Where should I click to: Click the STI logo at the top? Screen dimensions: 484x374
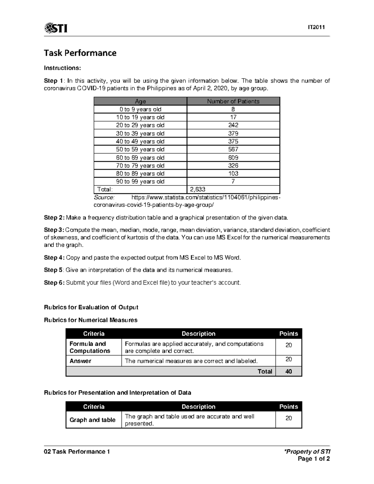[x=56, y=28]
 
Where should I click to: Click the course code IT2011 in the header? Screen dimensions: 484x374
[x=316, y=27]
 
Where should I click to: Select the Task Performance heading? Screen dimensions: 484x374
[x=80, y=53]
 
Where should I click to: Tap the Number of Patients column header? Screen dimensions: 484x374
[x=233, y=101]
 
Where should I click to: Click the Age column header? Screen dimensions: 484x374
[x=140, y=101]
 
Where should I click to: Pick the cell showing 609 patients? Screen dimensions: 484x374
[x=233, y=158]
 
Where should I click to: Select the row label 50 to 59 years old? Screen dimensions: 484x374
[x=140, y=150]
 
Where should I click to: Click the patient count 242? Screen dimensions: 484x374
[x=233, y=125]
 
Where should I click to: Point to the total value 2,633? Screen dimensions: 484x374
[x=198, y=189]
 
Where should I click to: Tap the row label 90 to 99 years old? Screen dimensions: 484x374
[x=140, y=181]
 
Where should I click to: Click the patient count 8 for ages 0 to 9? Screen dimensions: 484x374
[x=233, y=109]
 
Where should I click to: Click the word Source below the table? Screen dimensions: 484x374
[x=104, y=197]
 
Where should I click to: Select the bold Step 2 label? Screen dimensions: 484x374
[x=54, y=218]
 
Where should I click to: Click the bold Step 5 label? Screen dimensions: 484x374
[x=54, y=270]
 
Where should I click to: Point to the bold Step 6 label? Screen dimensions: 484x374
[x=54, y=283]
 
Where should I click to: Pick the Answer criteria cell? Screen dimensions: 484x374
[x=80, y=361]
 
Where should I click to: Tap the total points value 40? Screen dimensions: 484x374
[x=289, y=371]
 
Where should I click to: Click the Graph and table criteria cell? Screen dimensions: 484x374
[x=93, y=420]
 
